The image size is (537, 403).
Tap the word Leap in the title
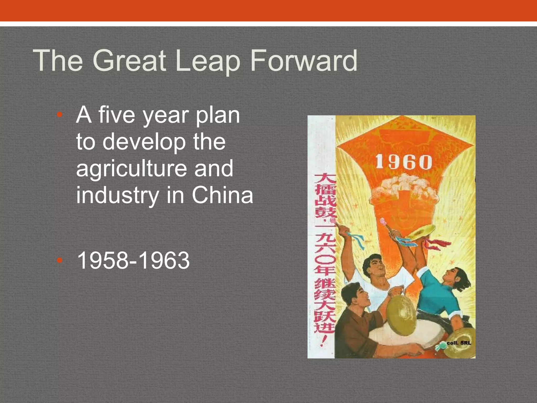tap(208, 61)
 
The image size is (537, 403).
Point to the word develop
tap(144, 142)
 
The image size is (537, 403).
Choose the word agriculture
tap(131, 169)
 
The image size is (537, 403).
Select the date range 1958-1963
tap(133, 260)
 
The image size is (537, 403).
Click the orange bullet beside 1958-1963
tap(60, 260)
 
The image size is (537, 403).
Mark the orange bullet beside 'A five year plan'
tap(60, 115)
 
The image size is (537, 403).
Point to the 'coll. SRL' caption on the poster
tap(459, 343)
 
